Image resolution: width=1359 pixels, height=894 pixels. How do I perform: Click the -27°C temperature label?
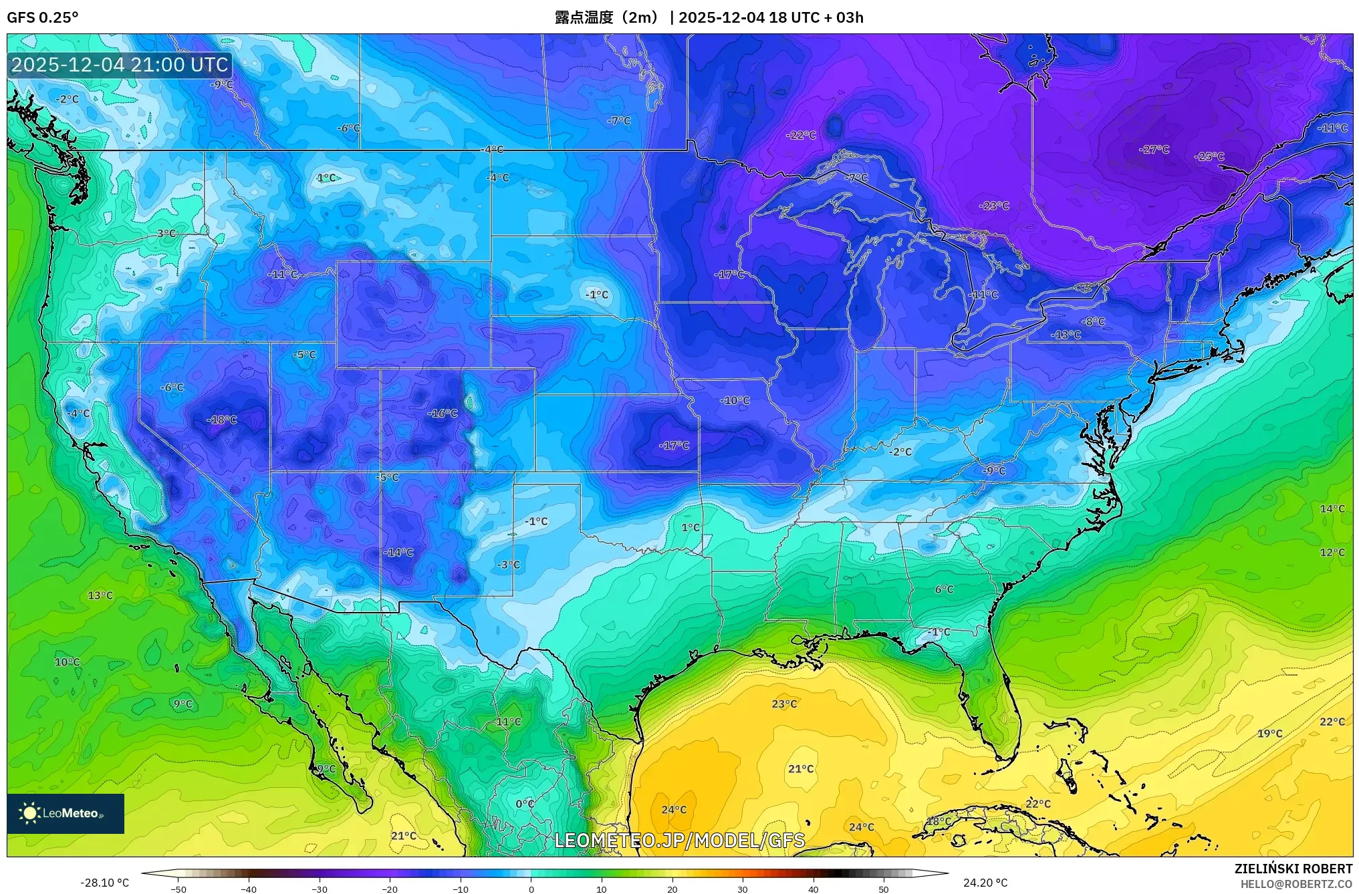pyautogui.click(x=1154, y=150)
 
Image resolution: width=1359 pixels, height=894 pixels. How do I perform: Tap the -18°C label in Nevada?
pyautogui.click(x=222, y=420)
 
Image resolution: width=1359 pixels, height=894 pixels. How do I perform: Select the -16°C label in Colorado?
pyautogui.click(x=443, y=414)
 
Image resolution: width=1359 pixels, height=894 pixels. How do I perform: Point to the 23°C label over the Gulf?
pyautogui.click(x=784, y=704)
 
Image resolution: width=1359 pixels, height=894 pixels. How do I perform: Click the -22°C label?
pyautogui.click(x=801, y=135)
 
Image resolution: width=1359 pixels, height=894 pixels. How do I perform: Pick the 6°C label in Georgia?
pyautogui.click(x=944, y=589)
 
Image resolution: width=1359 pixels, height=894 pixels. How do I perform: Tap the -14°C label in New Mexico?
pyautogui.click(x=398, y=553)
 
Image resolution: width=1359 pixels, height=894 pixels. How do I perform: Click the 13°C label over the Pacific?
pyautogui.click(x=100, y=595)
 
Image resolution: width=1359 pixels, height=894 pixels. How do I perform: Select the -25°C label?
pyautogui.click(x=1210, y=156)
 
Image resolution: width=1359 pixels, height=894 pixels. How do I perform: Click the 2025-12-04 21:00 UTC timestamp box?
pyautogui.click(x=120, y=65)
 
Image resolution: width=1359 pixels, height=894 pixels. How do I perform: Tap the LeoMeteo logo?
pyautogui.click(x=65, y=813)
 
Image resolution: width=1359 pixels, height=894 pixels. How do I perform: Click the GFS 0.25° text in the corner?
pyautogui.click(x=42, y=17)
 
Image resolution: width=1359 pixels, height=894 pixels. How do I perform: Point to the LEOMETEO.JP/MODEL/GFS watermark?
pyautogui.click(x=679, y=840)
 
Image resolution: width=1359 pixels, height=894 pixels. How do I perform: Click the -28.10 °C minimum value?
pyautogui.click(x=104, y=883)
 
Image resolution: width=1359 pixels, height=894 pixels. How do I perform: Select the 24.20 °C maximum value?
pyautogui.click(x=985, y=883)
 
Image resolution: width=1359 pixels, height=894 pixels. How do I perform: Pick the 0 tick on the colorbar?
pyautogui.click(x=531, y=889)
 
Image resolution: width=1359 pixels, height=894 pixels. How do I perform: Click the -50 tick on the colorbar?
pyautogui.click(x=178, y=889)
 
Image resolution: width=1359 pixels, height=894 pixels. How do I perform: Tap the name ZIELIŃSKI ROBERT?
pyautogui.click(x=1293, y=869)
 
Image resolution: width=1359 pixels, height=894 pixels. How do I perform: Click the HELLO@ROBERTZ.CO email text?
pyautogui.click(x=1296, y=884)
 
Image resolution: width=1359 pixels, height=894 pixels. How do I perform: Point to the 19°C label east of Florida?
pyautogui.click(x=1269, y=734)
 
